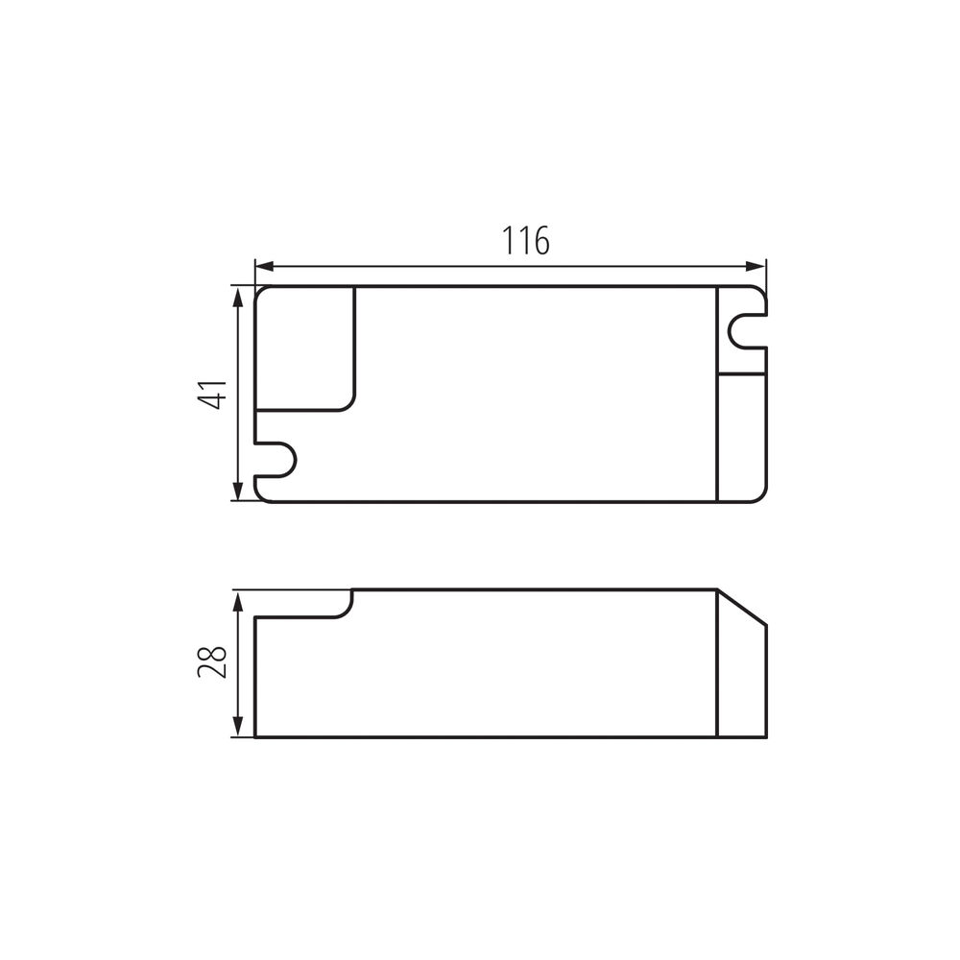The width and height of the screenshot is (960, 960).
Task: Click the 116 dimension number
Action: [x=526, y=240]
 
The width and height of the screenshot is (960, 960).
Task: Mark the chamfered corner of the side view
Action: [x=744, y=607]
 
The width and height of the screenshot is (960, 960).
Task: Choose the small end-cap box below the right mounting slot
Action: [x=743, y=436]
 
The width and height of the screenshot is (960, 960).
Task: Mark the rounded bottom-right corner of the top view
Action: [x=762, y=495]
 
